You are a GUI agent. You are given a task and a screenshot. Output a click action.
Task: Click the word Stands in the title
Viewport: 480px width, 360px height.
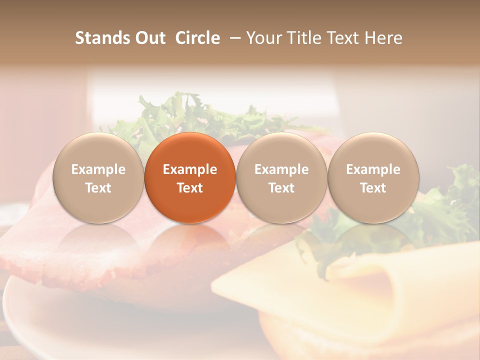tap(102, 38)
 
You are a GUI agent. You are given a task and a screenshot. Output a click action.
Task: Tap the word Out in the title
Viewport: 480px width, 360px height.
tap(150, 38)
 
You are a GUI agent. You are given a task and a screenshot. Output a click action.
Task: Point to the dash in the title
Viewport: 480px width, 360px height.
tap(233, 38)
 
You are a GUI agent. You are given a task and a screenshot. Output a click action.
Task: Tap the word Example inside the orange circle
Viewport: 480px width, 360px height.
tap(190, 169)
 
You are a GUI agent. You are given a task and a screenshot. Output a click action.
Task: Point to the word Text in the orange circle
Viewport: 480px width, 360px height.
tap(190, 188)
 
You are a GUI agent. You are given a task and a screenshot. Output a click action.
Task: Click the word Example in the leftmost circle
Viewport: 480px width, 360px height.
tap(98, 169)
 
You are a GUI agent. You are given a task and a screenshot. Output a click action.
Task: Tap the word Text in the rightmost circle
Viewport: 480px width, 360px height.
tap(373, 188)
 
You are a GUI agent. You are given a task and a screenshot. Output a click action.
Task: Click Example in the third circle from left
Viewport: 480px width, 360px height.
tap(281, 169)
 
